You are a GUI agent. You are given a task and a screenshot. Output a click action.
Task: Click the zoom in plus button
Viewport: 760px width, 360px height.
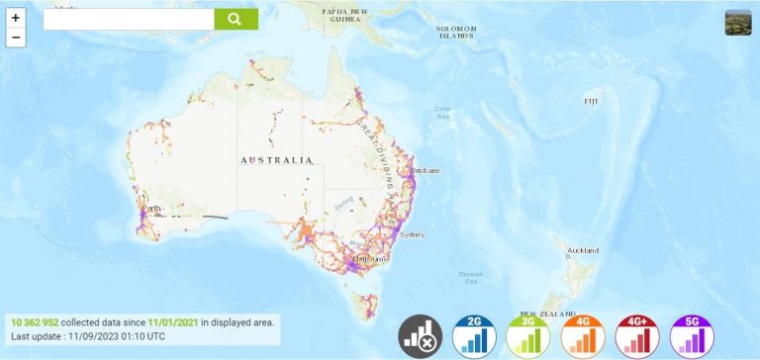[15, 18]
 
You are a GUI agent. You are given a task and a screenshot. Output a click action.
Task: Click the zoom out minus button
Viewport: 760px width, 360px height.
[15, 38]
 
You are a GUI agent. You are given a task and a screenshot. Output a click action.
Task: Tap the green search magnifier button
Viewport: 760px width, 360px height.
[236, 19]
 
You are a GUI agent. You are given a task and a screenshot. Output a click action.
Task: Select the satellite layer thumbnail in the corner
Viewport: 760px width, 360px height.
[738, 23]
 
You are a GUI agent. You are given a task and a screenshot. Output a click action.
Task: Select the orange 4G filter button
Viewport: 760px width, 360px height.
[582, 337]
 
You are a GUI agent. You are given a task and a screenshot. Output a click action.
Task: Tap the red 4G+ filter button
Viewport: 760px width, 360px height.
[636, 337]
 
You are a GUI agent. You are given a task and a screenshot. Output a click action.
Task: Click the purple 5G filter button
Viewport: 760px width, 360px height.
[691, 337]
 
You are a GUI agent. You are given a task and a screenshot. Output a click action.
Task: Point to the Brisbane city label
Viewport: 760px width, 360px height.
[427, 170]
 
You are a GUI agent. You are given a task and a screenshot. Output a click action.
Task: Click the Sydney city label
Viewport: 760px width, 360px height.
[413, 234]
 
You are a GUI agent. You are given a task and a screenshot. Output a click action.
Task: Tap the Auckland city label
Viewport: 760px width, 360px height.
[582, 250]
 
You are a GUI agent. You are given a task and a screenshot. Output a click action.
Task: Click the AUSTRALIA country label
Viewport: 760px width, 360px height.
[276, 159]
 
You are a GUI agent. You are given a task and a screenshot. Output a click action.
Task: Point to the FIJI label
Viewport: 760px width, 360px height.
[591, 101]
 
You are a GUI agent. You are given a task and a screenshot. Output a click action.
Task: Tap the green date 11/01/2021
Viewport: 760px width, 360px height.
[172, 322]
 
